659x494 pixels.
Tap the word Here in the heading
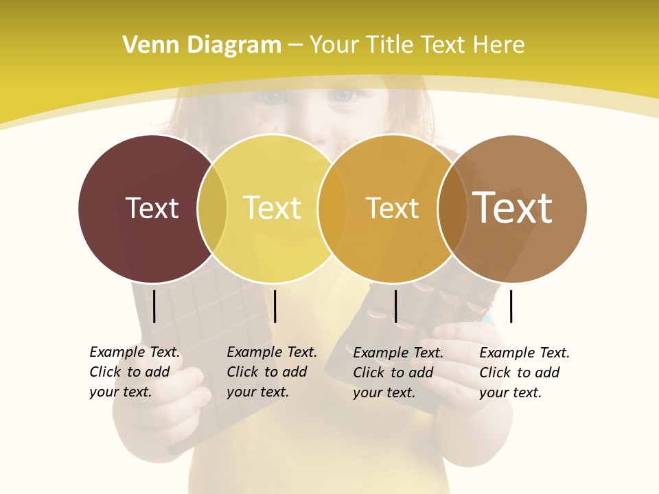[500, 45]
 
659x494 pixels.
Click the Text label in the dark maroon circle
[152, 208]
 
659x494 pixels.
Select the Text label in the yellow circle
[272, 208]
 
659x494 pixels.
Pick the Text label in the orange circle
[392, 208]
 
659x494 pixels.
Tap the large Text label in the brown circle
[513, 208]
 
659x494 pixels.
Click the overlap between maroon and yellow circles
[212, 209]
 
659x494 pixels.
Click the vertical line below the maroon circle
[154, 306]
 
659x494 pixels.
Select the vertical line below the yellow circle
[275, 306]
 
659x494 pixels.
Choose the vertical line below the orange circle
[395, 306]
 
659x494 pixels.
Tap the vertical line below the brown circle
[511, 306]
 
